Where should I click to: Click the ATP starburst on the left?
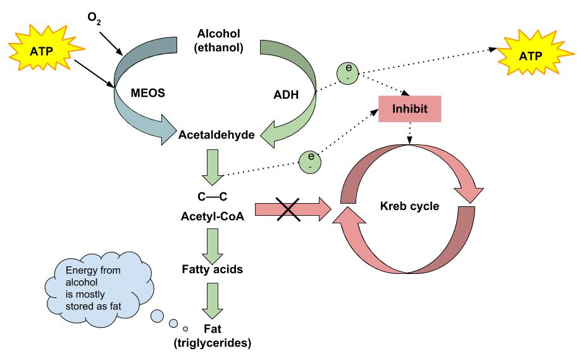(x=39, y=48)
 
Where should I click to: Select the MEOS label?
(x=148, y=93)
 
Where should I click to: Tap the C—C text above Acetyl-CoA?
(x=211, y=197)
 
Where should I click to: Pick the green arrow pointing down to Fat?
(x=211, y=301)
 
